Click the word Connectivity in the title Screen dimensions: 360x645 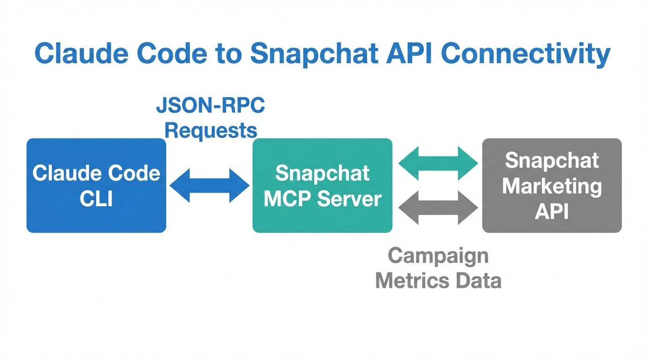pos(526,54)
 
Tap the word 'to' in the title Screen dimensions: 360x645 pos(228,54)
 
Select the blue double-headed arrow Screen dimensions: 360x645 pos(209,186)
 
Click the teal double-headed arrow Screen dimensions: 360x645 pos(438,163)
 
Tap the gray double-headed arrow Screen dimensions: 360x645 pos(438,207)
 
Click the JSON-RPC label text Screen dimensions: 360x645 pos(210,106)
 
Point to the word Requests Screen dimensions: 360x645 pos(210,130)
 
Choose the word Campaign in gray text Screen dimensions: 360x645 pos(438,256)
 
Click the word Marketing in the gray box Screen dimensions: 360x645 pos(552,186)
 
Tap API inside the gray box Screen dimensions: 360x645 pos(552,211)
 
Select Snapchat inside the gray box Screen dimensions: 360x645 pos(552,161)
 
